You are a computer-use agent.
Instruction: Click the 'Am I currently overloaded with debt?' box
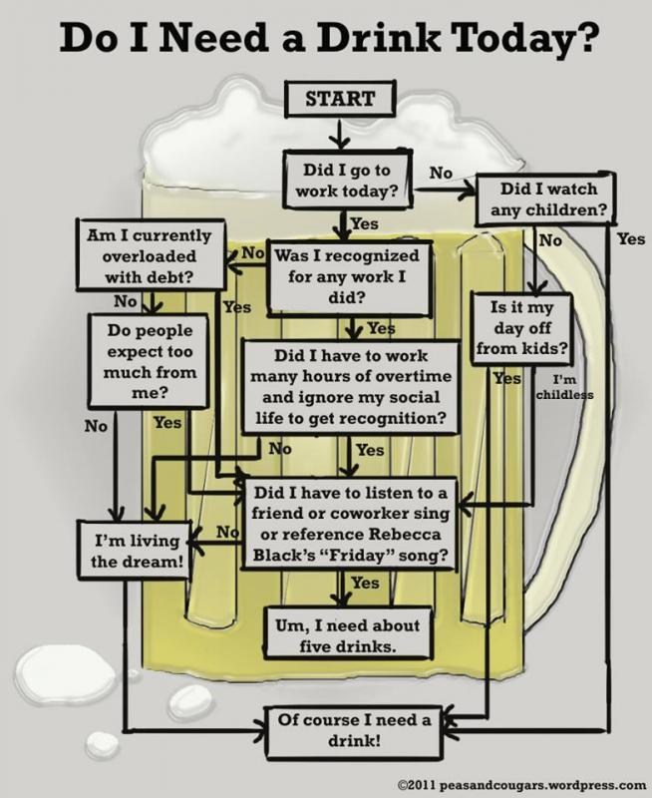point(150,255)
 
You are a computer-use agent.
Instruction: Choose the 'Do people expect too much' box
point(150,360)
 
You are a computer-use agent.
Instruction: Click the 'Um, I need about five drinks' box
point(346,635)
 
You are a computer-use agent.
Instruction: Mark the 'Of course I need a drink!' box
point(356,731)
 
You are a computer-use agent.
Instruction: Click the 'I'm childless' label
point(565,388)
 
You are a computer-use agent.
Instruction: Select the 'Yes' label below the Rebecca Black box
point(366,583)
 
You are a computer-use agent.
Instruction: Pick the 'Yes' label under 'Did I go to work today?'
point(365,223)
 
